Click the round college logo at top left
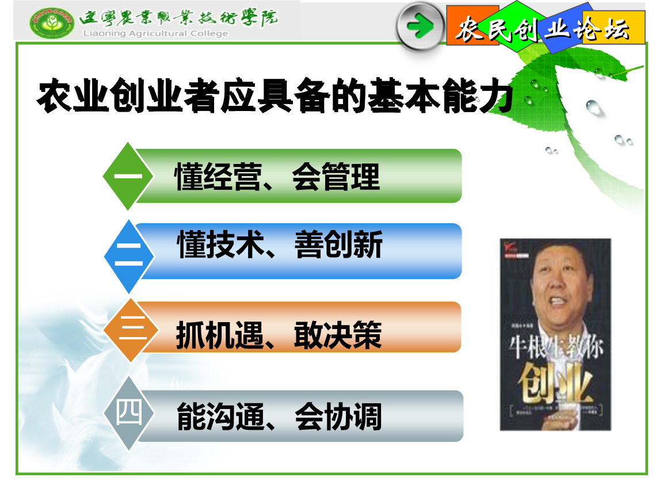click(x=52, y=24)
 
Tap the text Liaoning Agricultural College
click(x=156, y=33)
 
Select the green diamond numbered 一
click(x=128, y=176)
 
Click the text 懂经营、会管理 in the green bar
click(x=277, y=177)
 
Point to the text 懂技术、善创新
click(x=280, y=246)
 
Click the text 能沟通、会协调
click(x=279, y=417)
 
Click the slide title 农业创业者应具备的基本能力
click(x=275, y=97)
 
